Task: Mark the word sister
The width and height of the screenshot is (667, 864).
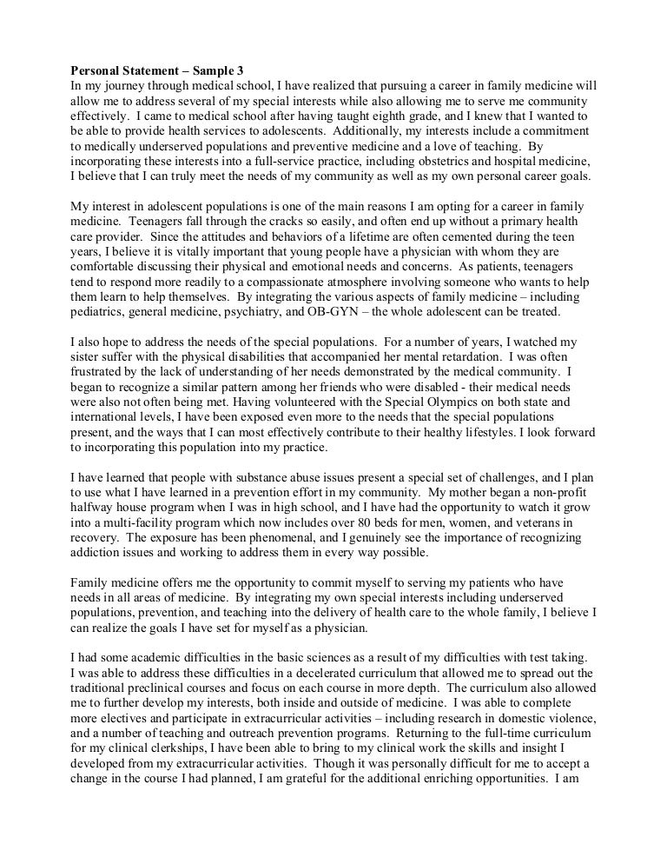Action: click(87, 372)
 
